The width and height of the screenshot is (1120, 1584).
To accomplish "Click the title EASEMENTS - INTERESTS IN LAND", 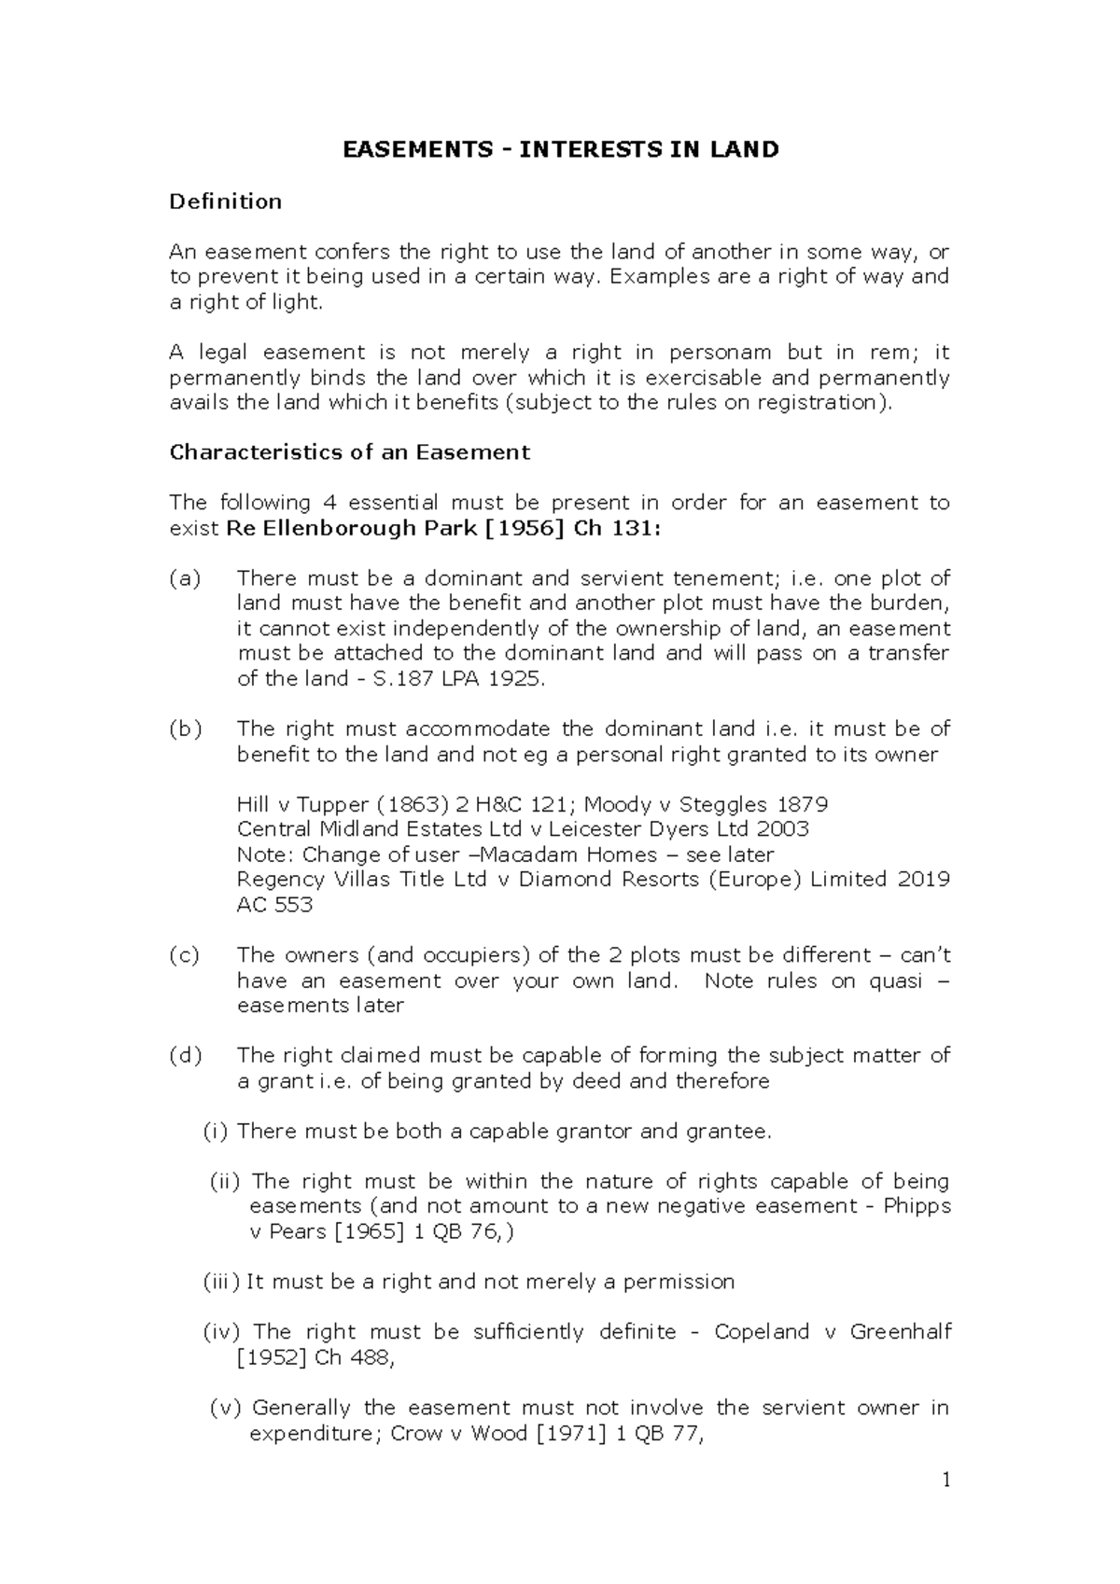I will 560,150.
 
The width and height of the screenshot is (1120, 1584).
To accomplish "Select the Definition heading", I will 225,201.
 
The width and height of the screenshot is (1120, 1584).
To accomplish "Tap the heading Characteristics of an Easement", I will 349,452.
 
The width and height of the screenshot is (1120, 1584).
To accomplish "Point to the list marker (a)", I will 185,578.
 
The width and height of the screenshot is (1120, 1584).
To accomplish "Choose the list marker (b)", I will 185,729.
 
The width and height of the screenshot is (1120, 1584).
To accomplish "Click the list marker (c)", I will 185,955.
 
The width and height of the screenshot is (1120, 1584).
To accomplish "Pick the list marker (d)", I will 185,1056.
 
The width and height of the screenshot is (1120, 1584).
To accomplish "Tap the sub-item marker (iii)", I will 221,1282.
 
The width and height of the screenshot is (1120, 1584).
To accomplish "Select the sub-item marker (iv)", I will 221,1332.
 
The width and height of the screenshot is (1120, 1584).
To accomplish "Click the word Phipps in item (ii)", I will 917,1206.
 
